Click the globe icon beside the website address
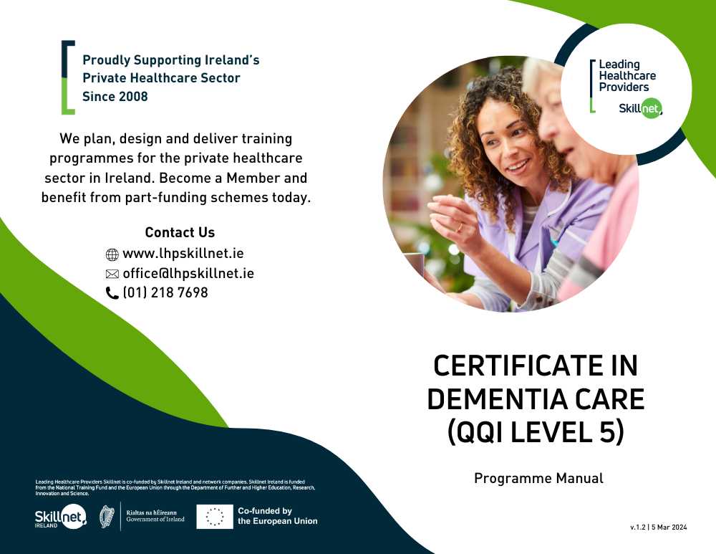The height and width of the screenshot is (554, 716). [x=112, y=254]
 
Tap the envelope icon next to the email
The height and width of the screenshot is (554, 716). [x=112, y=274]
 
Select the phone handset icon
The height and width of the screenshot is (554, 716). [x=112, y=293]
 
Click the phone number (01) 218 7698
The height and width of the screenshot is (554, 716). [x=165, y=292]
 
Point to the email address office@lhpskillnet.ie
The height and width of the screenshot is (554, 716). [x=188, y=273]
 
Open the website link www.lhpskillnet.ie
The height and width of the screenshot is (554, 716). [x=183, y=253]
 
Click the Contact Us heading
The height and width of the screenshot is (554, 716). [x=180, y=232]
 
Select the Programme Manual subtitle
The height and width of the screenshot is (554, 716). [x=538, y=478]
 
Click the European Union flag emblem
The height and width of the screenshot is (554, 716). [x=215, y=517]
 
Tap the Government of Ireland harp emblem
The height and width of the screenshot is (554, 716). [x=107, y=517]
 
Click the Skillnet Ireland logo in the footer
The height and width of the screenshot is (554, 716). [x=61, y=517]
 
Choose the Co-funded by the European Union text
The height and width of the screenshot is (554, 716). [x=278, y=516]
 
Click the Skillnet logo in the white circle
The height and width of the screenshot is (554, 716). [x=640, y=109]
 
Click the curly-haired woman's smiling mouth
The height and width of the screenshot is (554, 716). [x=518, y=166]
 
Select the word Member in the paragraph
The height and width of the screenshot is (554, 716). [x=253, y=178]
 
